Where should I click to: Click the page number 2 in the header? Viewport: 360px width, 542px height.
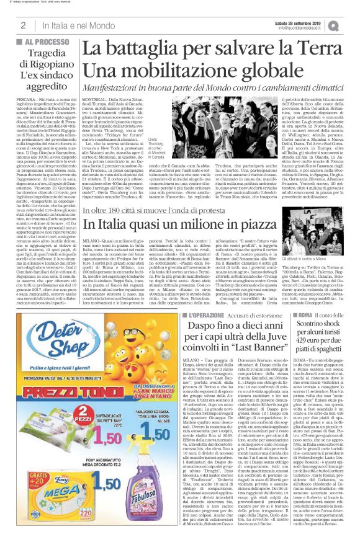point(23,25)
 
